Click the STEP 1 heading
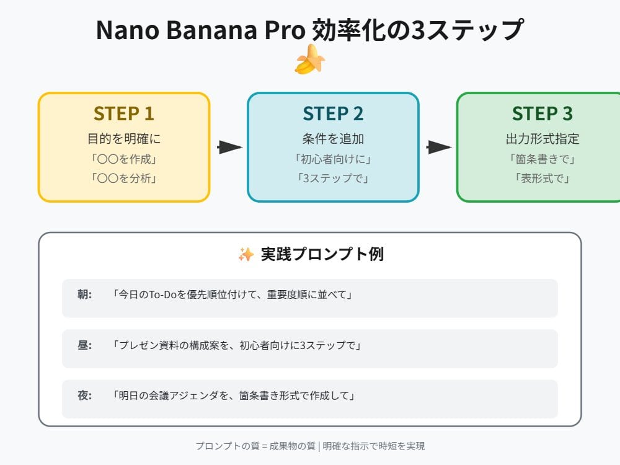[124, 113]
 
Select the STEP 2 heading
[333, 113]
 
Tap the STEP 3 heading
[542, 113]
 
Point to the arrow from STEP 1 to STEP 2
[229, 148]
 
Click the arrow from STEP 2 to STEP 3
[438, 148]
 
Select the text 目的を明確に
[124, 139]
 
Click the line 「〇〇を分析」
[124, 178]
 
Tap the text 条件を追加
[333, 139]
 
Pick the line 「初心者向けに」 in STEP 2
[333, 159]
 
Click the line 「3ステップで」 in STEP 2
[333, 178]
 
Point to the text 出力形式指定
[542, 139]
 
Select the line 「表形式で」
[542, 178]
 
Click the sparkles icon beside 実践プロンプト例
[246, 254]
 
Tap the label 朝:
[85, 295]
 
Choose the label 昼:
[85, 345]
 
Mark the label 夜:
[85, 396]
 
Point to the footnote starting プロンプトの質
[309, 446]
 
